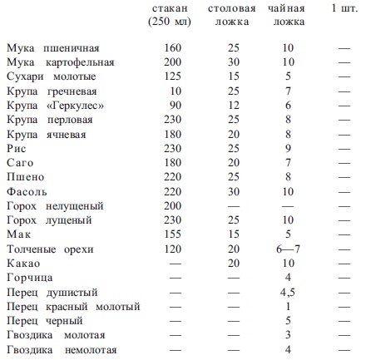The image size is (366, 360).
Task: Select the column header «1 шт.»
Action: click(x=343, y=8)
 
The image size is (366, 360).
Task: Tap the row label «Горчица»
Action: click(x=27, y=277)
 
